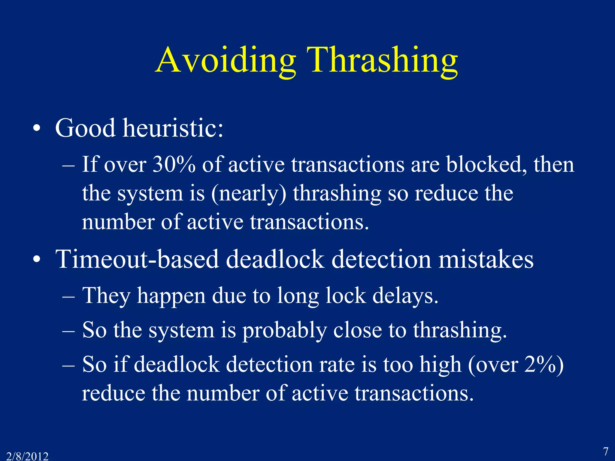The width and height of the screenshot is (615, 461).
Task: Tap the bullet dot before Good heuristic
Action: pyautogui.click(x=37, y=129)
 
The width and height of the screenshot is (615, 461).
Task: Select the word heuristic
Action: pyautogui.click(x=173, y=128)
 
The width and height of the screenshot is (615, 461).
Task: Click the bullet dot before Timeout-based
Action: pyautogui.click(x=37, y=260)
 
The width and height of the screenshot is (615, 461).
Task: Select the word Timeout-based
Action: pyautogui.click(x=137, y=259)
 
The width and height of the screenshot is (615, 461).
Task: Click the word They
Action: pyautogui.click(x=106, y=296)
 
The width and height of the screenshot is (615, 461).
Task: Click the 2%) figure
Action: pyautogui.click(x=544, y=365)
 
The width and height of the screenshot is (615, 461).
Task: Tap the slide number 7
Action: pyautogui.click(x=606, y=451)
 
